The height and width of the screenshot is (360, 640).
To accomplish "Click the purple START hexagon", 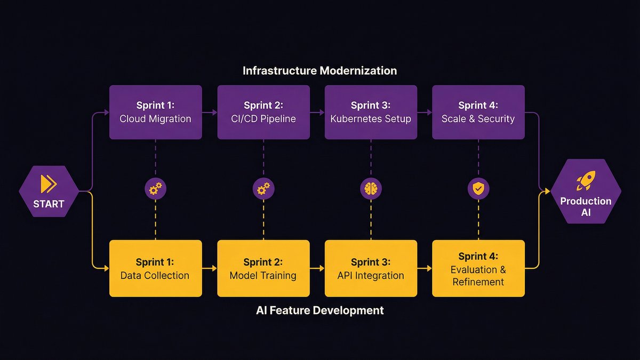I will pyautogui.click(x=49, y=191).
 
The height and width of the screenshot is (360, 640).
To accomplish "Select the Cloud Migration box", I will pyautogui.click(x=155, y=112).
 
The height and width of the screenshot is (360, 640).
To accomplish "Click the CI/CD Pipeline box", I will pyautogui.click(x=263, y=112).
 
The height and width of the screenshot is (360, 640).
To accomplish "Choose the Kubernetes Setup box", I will pyautogui.click(x=371, y=112).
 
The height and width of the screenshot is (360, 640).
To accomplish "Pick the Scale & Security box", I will pyautogui.click(x=478, y=112).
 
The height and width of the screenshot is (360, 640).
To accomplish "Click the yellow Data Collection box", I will pyautogui.click(x=155, y=268).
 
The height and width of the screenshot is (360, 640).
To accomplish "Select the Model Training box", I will pyautogui.click(x=263, y=268).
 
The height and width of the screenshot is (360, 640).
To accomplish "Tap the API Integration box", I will pyautogui.click(x=371, y=268).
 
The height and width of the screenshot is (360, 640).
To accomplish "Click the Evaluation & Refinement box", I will pyautogui.click(x=478, y=268).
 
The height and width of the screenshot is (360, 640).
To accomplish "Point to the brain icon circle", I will pyautogui.click(x=371, y=189).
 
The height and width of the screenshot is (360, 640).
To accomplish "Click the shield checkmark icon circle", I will pyautogui.click(x=478, y=189).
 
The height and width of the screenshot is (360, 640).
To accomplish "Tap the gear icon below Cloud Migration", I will pyautogui.click(x=155, y=189).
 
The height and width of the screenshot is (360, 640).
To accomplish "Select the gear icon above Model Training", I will pyautogui.click(x=263, y=189).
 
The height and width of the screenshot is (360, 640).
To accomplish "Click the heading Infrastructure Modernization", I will pyautogui.click(x=319, y=70).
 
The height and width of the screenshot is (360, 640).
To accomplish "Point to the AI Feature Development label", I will pyautogui.click(x=319, y=310).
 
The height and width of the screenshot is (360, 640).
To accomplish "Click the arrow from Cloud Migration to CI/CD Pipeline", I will pyautogui.click(x=210, y=113).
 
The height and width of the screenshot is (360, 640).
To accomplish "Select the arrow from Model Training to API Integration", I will pyautogui.click(x=317, y=268).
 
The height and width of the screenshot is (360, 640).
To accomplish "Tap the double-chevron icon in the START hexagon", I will pyautogui.click(x=49, y=184).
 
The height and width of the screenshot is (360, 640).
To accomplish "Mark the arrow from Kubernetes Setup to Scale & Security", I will pyautogui.click(x=425, y=113).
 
